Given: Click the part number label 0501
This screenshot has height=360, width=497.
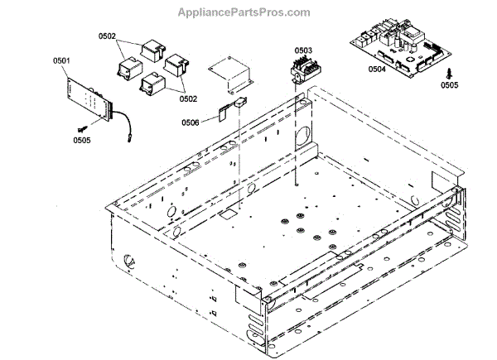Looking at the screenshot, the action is (62, 60).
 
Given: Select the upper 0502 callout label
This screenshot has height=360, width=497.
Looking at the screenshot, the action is (107, 37).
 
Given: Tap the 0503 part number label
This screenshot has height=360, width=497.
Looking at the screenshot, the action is (303, 50).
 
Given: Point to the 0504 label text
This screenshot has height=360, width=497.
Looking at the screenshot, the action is (378, 70).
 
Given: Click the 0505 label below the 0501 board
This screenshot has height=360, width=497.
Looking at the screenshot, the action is (82, 140).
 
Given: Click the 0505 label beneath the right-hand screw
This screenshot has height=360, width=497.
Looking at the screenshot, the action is (450, 84).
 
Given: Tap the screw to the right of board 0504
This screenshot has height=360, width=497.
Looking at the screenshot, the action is (450, 71).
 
